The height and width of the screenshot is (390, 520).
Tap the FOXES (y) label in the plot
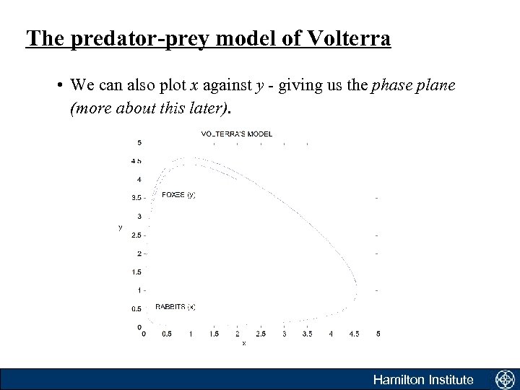178,194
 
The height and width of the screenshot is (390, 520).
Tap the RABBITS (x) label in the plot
175,306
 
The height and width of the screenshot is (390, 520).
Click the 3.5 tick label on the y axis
137,197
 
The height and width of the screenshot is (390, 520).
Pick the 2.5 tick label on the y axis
137,235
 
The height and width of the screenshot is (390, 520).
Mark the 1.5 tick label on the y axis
137,272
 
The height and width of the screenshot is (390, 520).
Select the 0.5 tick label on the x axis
167,334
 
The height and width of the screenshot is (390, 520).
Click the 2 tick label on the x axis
238,334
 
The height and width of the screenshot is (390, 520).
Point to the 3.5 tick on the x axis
308,334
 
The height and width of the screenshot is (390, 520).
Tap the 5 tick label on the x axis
378,334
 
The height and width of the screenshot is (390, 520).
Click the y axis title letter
120,227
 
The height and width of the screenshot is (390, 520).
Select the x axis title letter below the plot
244,343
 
